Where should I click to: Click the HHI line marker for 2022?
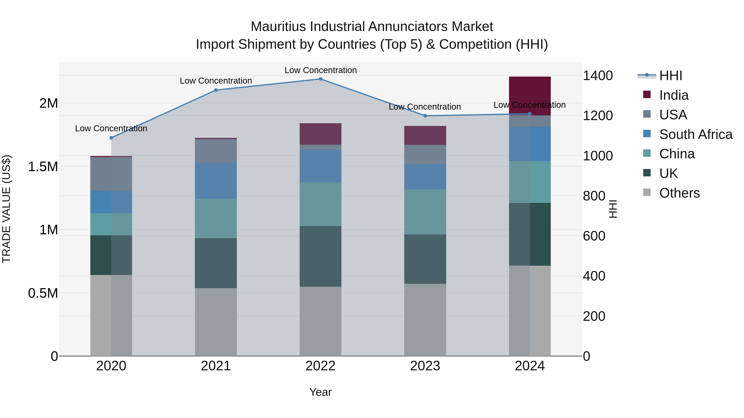[x=320, y=79]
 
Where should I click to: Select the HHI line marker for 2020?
[x=111, y=138]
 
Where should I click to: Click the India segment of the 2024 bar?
[x=530, y=96]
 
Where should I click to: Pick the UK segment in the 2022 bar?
[x=320, y=256]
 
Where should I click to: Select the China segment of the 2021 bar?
[x=216, y=218]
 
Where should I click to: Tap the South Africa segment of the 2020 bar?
[x=111, y=202]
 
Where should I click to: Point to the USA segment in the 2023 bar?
[x=425, y=155]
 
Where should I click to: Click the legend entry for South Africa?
[x=695, y=134]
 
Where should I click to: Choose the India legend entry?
[x=674, y=95]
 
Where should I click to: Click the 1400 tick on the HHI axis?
[x=597, y=76]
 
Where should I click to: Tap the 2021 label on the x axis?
[x=216, y=366]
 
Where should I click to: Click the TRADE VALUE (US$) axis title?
[x=6, y=209]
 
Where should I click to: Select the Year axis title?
[x=320, y=392]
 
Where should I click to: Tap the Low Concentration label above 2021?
[x=216, y=81]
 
